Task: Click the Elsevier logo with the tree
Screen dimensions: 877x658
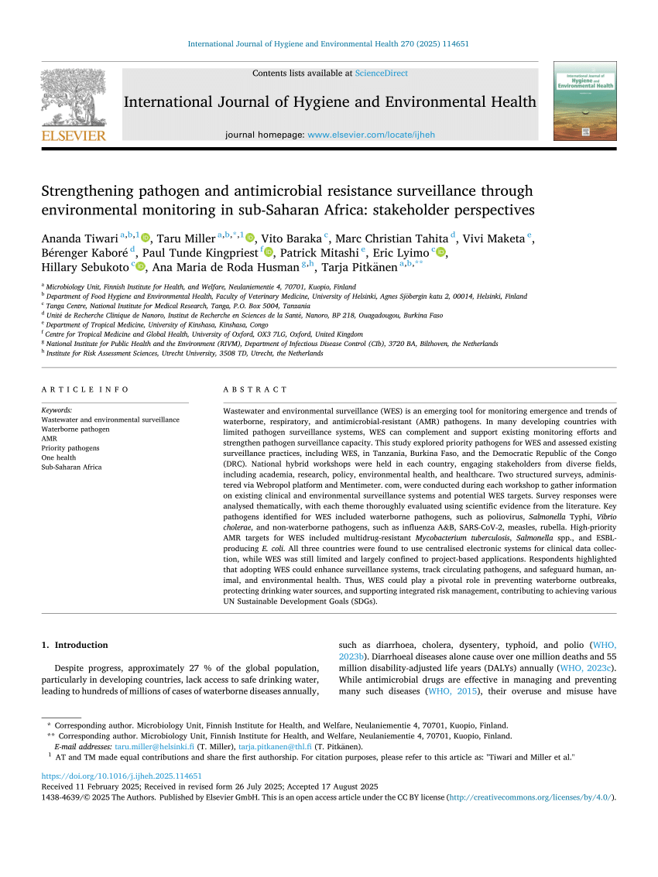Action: (x=73, y=104)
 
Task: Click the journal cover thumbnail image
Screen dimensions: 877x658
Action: (x=584, y=101)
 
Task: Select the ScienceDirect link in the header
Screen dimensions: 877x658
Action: (x=381, y=74)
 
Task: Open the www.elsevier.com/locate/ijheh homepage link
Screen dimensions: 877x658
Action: (x=371, y=135)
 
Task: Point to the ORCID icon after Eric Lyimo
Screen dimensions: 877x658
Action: (x=440, y=253)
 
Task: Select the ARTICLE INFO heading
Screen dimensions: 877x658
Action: (x=74, y=389)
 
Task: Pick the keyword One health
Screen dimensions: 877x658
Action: (x=58, y=457)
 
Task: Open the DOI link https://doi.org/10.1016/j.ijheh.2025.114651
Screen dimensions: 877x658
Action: (x=121, y=776)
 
